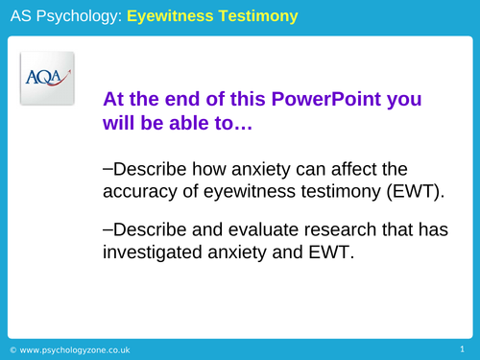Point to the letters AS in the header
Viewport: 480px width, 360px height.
20,16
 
